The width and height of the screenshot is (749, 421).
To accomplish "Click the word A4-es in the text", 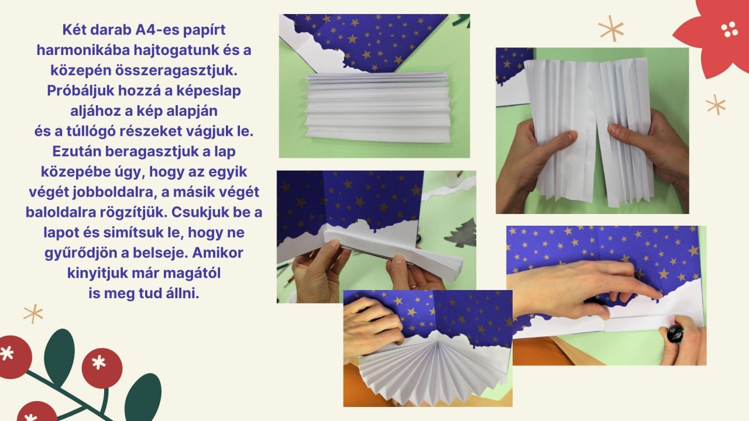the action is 157,30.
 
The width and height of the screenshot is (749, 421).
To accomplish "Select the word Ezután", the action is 77,151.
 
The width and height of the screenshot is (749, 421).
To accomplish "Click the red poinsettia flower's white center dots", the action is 729,29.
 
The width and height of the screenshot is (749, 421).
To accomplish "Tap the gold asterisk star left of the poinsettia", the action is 611,29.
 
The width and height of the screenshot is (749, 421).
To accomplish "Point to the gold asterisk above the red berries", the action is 33,313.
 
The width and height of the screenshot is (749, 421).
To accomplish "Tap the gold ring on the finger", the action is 414,287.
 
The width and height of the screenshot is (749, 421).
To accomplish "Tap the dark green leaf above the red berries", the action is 60,357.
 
